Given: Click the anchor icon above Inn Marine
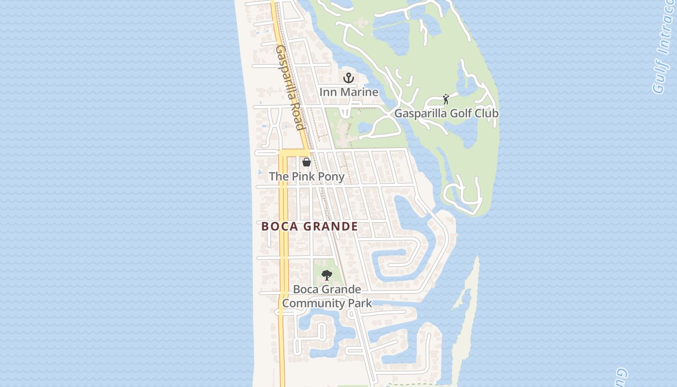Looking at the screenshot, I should tap(349, 77).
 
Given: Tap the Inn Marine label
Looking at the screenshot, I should tap(349, 92).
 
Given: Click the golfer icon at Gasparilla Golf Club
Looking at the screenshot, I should tap(446, 99).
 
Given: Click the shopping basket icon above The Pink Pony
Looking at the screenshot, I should tap(307, 162).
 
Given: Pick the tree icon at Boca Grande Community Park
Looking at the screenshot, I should tap(327, 275).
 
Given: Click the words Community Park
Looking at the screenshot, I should tap(327, 303).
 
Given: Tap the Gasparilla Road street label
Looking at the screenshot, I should tap(290, 87).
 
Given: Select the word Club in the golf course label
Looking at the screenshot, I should tap(486, 114).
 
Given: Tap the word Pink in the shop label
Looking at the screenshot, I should tap(303, 177).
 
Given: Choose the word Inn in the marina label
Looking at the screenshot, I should tap(327, 92).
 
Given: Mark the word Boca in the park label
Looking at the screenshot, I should tap(306, 290).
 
